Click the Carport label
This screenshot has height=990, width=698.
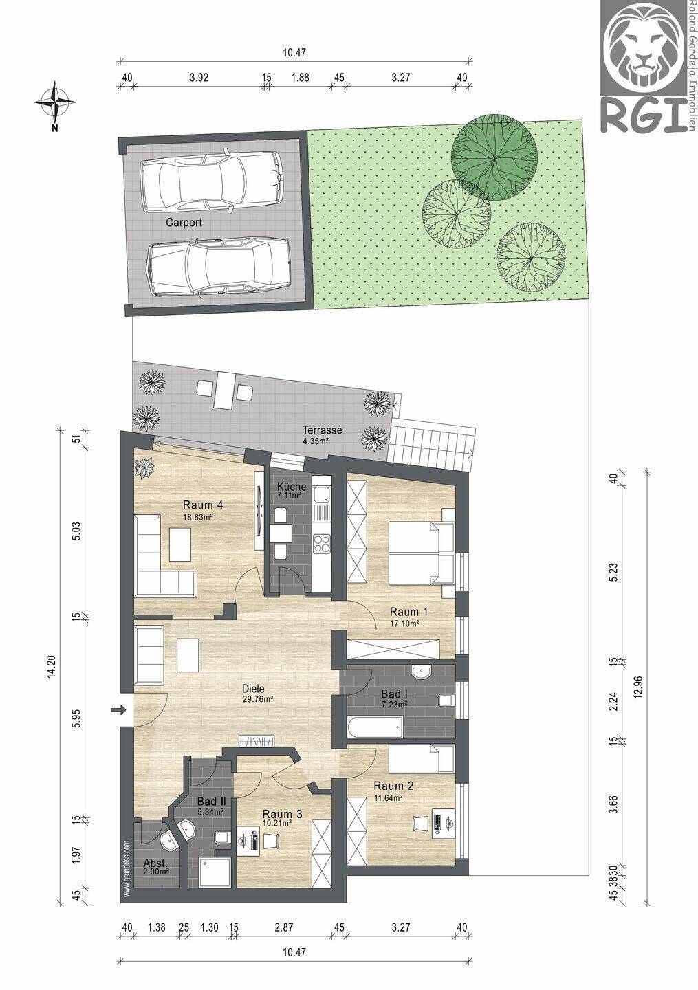click(184, 222)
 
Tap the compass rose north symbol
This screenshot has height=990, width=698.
click(54, 102)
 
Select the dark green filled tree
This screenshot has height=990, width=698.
click(494, 157)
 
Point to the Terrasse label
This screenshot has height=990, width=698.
click(322, 430)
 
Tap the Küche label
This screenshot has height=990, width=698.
click(292, 487)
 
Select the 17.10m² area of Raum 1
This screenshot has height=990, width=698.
click(404, 624)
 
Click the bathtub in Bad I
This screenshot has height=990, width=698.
click(375, 727)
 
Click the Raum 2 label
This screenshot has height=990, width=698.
click(394, 786)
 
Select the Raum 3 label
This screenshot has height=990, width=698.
click(282, 814)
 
